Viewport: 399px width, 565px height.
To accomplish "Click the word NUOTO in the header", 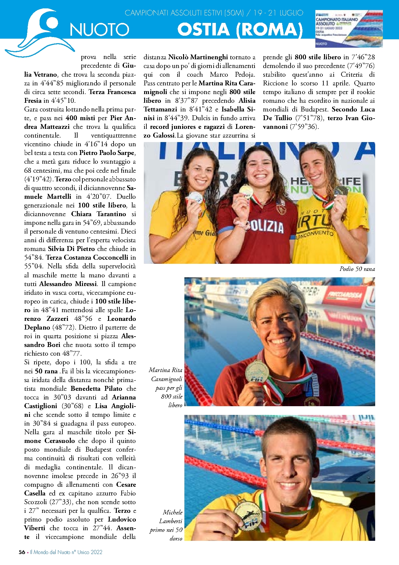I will (99, 30).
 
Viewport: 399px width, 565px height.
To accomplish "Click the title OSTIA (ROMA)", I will (240, 29).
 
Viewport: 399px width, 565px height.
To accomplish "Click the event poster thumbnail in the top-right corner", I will (349, 28).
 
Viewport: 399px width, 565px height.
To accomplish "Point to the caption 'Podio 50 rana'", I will (357, 269).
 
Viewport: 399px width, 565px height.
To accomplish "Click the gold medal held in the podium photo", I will (246, 190).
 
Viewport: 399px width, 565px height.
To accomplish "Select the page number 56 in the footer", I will (22, 552).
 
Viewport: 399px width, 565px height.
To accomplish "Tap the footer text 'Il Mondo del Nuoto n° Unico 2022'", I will (66, 552).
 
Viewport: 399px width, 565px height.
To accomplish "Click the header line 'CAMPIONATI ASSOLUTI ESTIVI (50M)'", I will (184, 13).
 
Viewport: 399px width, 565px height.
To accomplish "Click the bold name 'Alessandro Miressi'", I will (68, 284).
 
